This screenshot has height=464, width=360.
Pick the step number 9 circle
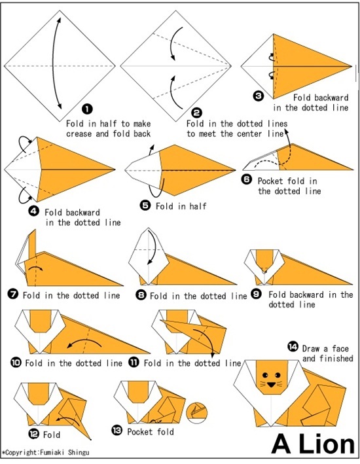tap(257, 295)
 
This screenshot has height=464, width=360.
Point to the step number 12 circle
tap(33, 433)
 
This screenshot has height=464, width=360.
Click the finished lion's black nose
tap(270, 384)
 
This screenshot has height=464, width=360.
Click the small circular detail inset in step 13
tap(196, 412)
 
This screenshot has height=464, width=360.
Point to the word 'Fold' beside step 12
tap(52, 434)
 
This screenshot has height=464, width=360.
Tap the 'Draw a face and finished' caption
tap(327, 353)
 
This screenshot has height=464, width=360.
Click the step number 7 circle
tap(12, 295)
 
